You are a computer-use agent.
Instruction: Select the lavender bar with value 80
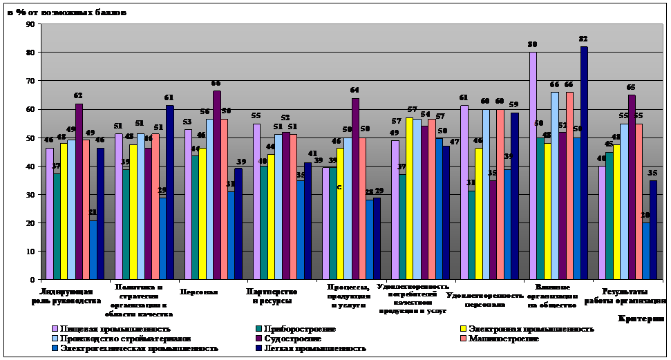coord(533,166)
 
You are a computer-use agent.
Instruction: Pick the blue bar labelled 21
coord(93,249)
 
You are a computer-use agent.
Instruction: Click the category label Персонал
coord(198,292)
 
